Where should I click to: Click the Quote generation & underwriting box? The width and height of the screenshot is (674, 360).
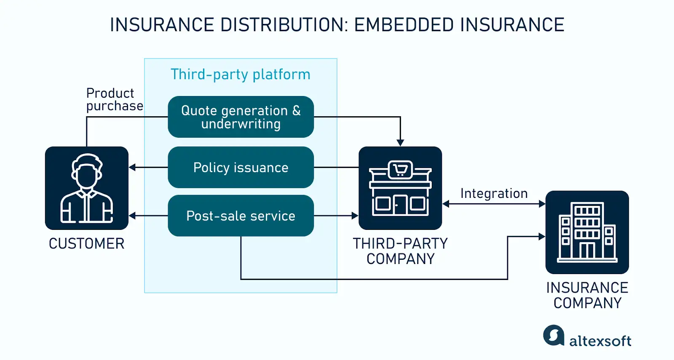[241, 117]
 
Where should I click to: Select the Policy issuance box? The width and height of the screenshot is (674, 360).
[241, 168]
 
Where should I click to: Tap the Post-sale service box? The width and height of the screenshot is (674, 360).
[241, 216]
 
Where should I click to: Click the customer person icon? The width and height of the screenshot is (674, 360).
[87, 188]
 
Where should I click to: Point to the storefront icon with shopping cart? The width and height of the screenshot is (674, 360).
[400, 188]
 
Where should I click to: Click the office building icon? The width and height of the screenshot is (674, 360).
[587, 232]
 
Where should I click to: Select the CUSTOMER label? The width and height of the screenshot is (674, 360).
[87, 244]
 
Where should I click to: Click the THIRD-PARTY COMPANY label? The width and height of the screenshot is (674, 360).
[400, 251]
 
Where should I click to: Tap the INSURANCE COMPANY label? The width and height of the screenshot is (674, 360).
[587, 295]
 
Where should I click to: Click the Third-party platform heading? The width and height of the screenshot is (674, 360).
[241, 75]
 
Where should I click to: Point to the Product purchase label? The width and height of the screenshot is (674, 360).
[114, 99]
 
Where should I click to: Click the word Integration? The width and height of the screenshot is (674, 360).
[494, 193]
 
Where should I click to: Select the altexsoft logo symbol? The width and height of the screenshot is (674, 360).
[554, 336]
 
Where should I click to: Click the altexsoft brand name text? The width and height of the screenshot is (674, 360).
[600, 341]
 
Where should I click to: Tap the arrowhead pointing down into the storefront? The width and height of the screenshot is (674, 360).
[400, 143]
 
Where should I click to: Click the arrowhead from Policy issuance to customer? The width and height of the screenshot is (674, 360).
[132, 168]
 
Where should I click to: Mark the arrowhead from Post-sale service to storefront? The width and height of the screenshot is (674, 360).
[355, 216]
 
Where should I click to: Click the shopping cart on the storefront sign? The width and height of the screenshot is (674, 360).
[400, 170]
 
